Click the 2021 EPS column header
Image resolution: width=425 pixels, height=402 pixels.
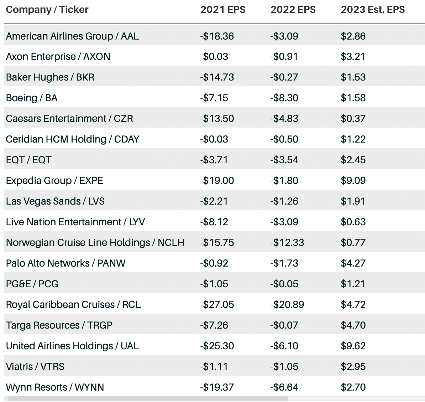tap(222, 10)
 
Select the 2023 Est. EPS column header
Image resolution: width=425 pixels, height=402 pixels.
tap(372, 10)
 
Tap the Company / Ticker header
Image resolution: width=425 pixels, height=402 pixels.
tap(47, 10)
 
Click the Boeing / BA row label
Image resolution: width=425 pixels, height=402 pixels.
tap(32, 98)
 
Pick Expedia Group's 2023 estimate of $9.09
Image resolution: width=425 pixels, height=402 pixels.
tap(353, 181)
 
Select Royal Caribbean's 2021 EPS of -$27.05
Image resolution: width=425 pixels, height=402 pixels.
tap(217, 305)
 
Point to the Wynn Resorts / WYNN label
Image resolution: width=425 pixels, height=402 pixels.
tap(55, 387)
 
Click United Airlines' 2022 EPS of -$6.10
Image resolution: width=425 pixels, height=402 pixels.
tap(284, 346)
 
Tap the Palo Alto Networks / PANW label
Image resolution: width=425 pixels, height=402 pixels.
tap(65, 263)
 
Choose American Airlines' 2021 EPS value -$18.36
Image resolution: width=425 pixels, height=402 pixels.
tap(217, 36)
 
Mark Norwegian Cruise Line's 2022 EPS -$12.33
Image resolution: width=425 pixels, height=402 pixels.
tap(287, 243)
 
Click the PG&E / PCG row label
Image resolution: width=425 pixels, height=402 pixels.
tap(32, 284)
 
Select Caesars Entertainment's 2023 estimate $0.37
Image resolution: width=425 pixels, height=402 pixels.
tap(353, 119)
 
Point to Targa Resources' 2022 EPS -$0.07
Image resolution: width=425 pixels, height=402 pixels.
tap(284, 325)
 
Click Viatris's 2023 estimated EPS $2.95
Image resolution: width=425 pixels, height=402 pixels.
tap(353, 367)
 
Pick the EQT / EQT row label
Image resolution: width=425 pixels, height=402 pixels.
tap(28, 160)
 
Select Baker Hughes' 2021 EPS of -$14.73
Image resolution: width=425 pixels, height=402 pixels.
tap(217, 77)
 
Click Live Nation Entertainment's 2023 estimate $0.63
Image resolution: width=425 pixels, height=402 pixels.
tap(353, 222)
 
